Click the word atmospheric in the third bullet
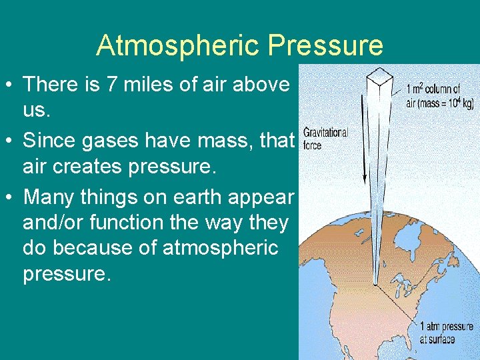218,248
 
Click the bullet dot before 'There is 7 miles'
11,85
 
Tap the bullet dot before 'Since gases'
11,141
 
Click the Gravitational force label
325,137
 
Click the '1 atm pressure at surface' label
446,332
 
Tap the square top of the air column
382,75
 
